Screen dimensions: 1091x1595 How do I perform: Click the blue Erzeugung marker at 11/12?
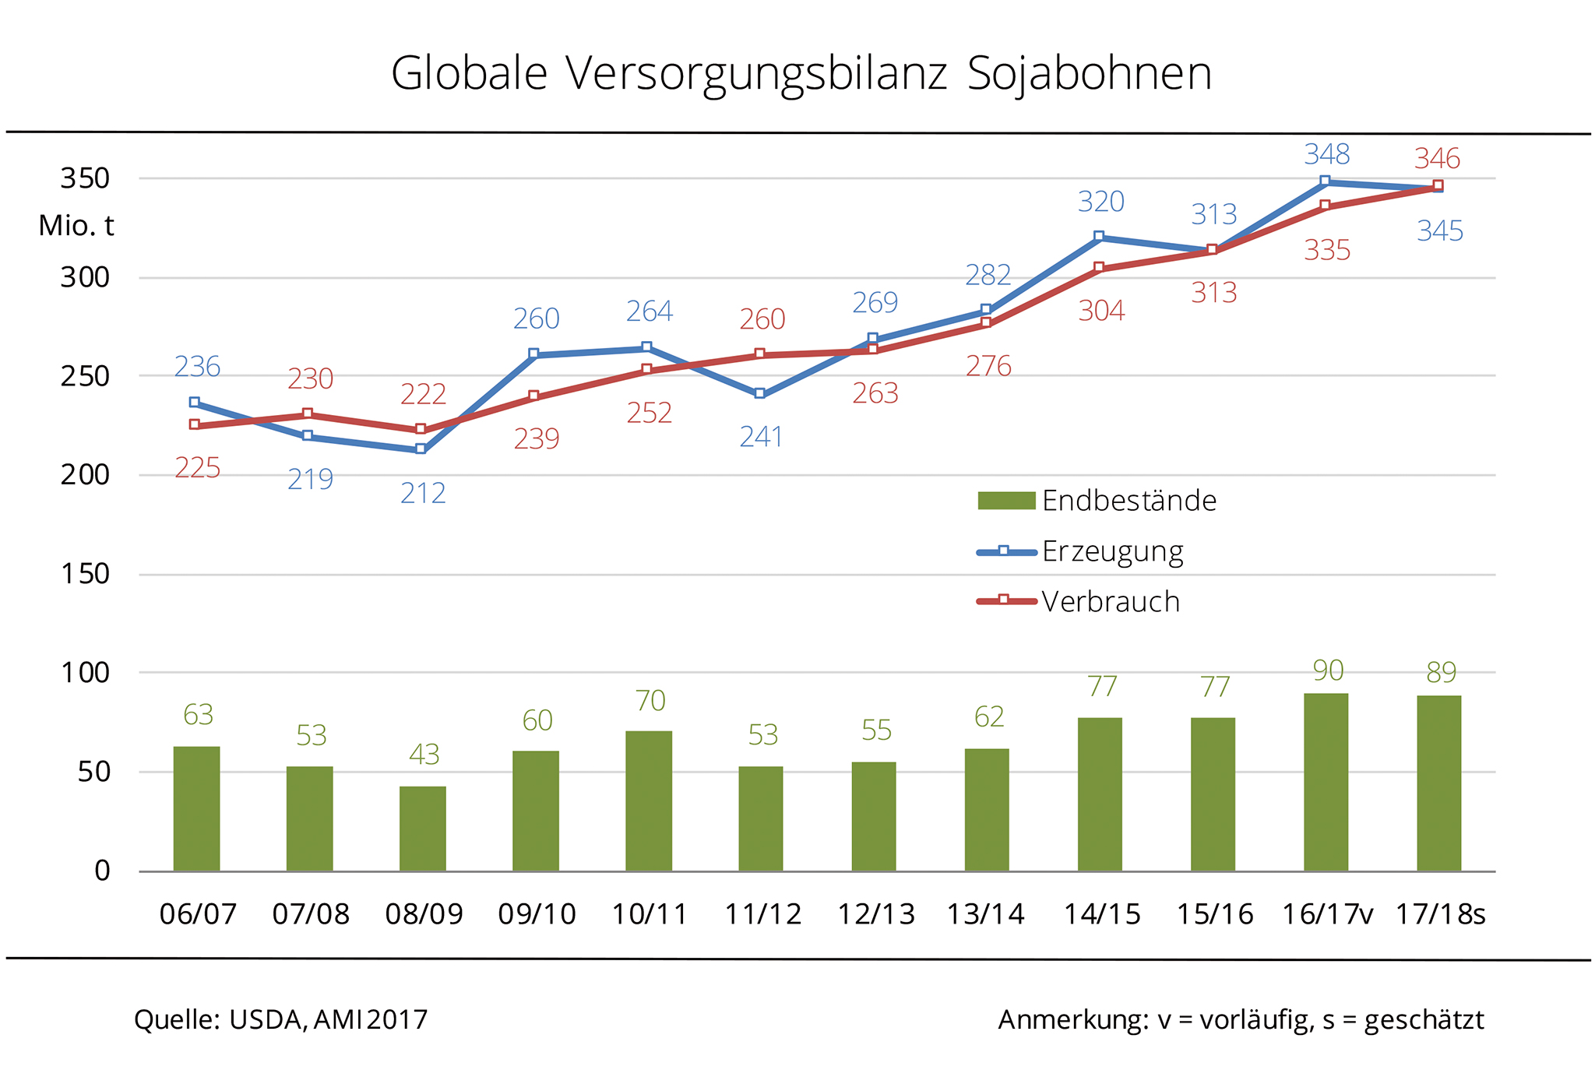click(x=760, y=394)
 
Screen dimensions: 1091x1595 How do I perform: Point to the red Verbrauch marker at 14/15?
click(x=1099, y=268)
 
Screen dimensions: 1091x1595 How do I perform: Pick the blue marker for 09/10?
click(x=534, y=354)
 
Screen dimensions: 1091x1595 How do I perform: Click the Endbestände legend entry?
click(x=1097, y=501)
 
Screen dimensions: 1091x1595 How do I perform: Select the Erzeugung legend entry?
click(x=1081, y=551)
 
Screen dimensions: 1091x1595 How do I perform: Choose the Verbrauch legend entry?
click(x=1079, y=601)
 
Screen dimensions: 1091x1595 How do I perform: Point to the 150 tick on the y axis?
click(x=85, y=574)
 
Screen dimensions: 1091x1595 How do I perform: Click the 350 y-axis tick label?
click(x=85, y=178)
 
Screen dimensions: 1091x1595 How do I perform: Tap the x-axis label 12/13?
click(x=875, y=913)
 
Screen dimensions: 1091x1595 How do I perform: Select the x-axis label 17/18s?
click(x=1440, y=913)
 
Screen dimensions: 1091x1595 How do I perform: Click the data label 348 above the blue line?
click(x=1326, y=154)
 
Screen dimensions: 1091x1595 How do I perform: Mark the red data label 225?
click(x=197, y=468)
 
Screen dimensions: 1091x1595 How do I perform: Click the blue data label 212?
click(x=423, y=493)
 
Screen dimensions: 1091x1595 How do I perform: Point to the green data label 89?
click(x=1441, y=671)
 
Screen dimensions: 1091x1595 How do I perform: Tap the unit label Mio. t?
click(x=76, y=226)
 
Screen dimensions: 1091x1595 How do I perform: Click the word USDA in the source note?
click(x=265, y=1019)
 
